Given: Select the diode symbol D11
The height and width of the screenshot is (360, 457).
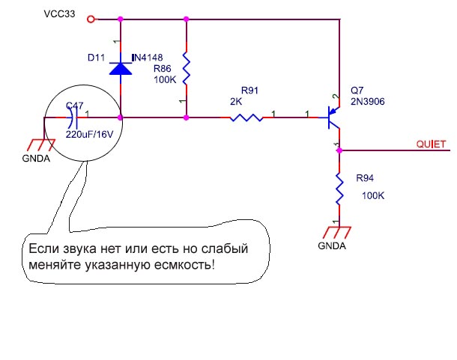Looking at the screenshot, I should [x=121, y=67].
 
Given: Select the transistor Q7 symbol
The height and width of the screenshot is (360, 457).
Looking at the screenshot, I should [x=331, y=118].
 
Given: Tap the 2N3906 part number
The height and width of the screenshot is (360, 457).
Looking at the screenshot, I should [x=367, y=103].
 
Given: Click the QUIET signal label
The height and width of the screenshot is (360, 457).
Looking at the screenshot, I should [x=432, y=144].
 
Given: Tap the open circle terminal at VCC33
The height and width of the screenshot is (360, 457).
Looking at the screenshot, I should [x=91, y=19].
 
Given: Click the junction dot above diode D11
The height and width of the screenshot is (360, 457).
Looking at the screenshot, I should [x=121, y=19].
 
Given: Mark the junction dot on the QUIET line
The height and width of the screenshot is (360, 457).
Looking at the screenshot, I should [x=339, y=150].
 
